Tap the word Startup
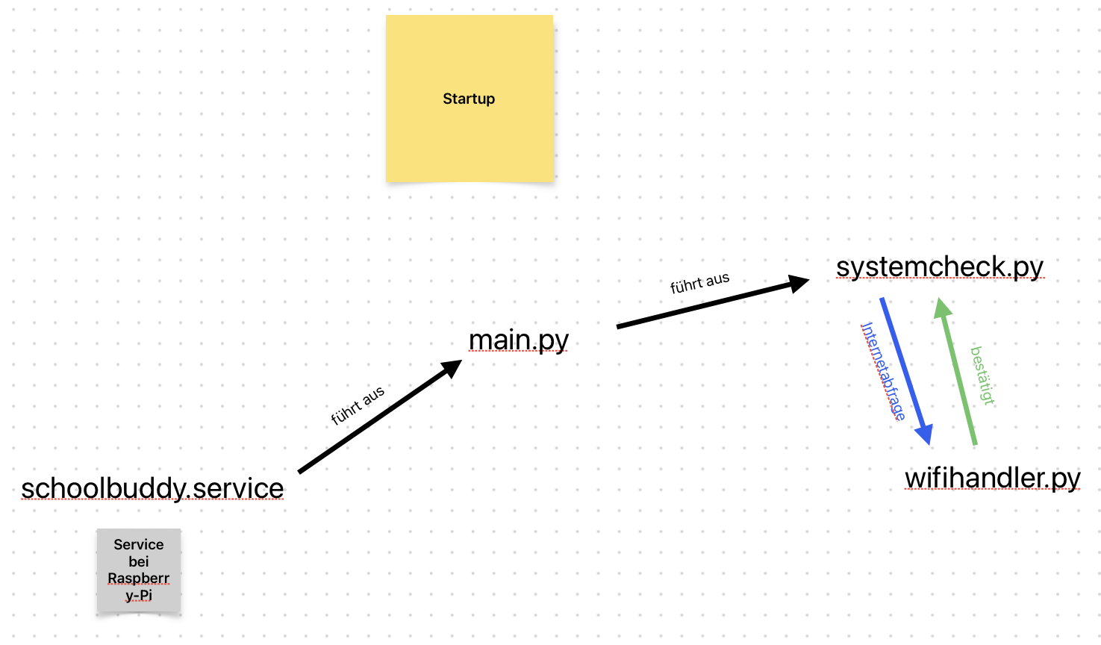(x=469, y=99)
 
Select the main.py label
(x=519, y=340)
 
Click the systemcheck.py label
(x=940, y=267)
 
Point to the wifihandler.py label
(x=993, y=478)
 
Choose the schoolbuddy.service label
(x=152, y=488)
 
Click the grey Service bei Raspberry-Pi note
(x=139, y=571)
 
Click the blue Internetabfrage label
(x=883, y=371)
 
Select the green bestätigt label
(x=983, y=376)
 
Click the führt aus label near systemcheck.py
(x=699, y=283)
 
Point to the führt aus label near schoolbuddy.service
(x=358, y=405)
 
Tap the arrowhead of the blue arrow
(x=925, y=434)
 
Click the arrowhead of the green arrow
(x=942, y=307)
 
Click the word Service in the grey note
(x=139, y=545)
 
